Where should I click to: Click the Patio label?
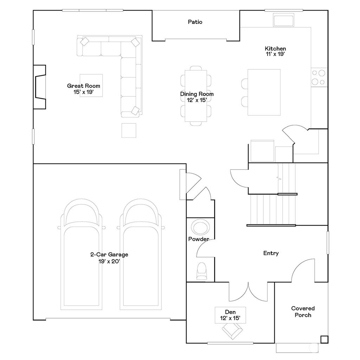click(195, 22)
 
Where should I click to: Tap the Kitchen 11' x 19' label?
click(275, 51)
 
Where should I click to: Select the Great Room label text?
click(84, 89)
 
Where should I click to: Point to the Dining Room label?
click(197, 97)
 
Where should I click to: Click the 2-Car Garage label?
click(109, 258)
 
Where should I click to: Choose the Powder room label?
click(199, 239)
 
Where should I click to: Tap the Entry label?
click(271, 253)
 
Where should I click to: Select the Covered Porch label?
click(303, 311)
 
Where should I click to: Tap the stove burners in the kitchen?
click(319, 77)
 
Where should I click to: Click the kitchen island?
click(264, 92)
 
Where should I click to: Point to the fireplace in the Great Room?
click(39, 87)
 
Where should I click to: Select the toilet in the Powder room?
click(202, 271)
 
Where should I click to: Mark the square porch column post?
click(324, 339)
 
